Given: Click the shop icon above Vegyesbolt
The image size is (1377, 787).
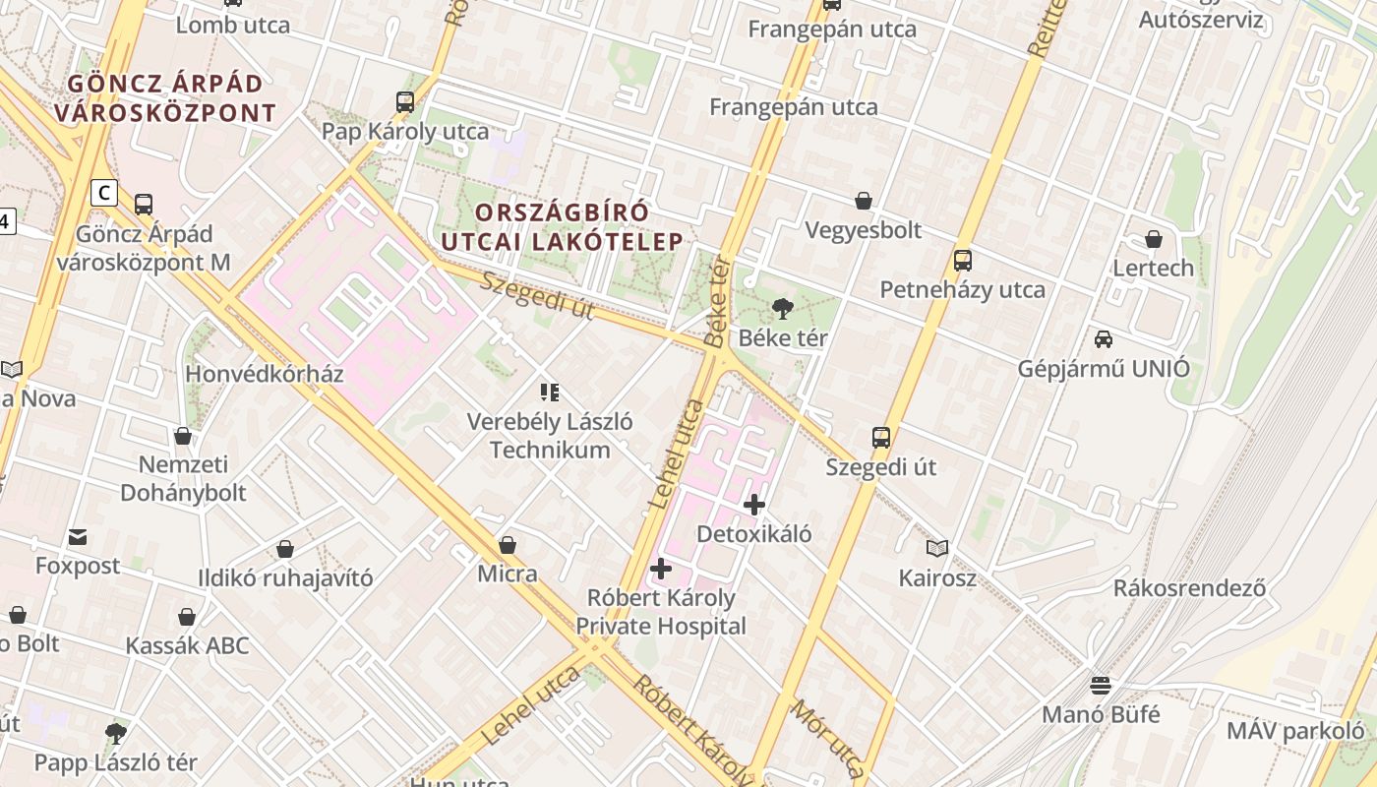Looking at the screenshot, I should [864, 201].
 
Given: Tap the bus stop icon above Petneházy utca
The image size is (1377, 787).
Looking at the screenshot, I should [963, 261].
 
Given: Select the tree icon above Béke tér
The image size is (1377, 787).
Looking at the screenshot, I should [783, 309].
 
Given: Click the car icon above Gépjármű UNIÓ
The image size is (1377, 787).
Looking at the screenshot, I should [1104, 339].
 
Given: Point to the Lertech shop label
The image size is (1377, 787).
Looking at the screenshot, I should [1153, 268].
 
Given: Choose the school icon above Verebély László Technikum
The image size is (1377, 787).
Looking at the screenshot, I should [550, 393].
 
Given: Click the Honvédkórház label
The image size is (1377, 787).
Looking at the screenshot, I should [265, 374].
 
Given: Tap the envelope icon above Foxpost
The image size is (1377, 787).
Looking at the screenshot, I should [78, 537].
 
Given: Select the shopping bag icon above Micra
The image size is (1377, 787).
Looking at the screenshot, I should [508, 544].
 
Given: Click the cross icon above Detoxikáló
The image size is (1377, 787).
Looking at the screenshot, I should [754, 505].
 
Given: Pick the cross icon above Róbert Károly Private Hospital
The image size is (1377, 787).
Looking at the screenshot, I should [661, 569].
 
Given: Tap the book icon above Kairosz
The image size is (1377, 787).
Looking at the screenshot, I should [937, 548].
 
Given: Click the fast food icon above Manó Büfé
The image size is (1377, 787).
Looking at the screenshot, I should [1101, 685].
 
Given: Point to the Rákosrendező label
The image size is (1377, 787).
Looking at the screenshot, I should [1189, 588].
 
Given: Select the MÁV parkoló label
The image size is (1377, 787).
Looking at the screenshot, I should [1295, 731].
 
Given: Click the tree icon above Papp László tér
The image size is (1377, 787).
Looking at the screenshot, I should [116, 733].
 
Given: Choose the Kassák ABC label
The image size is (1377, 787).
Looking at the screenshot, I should [187, 646].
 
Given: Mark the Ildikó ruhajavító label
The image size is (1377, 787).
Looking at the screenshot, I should [285, 578].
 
